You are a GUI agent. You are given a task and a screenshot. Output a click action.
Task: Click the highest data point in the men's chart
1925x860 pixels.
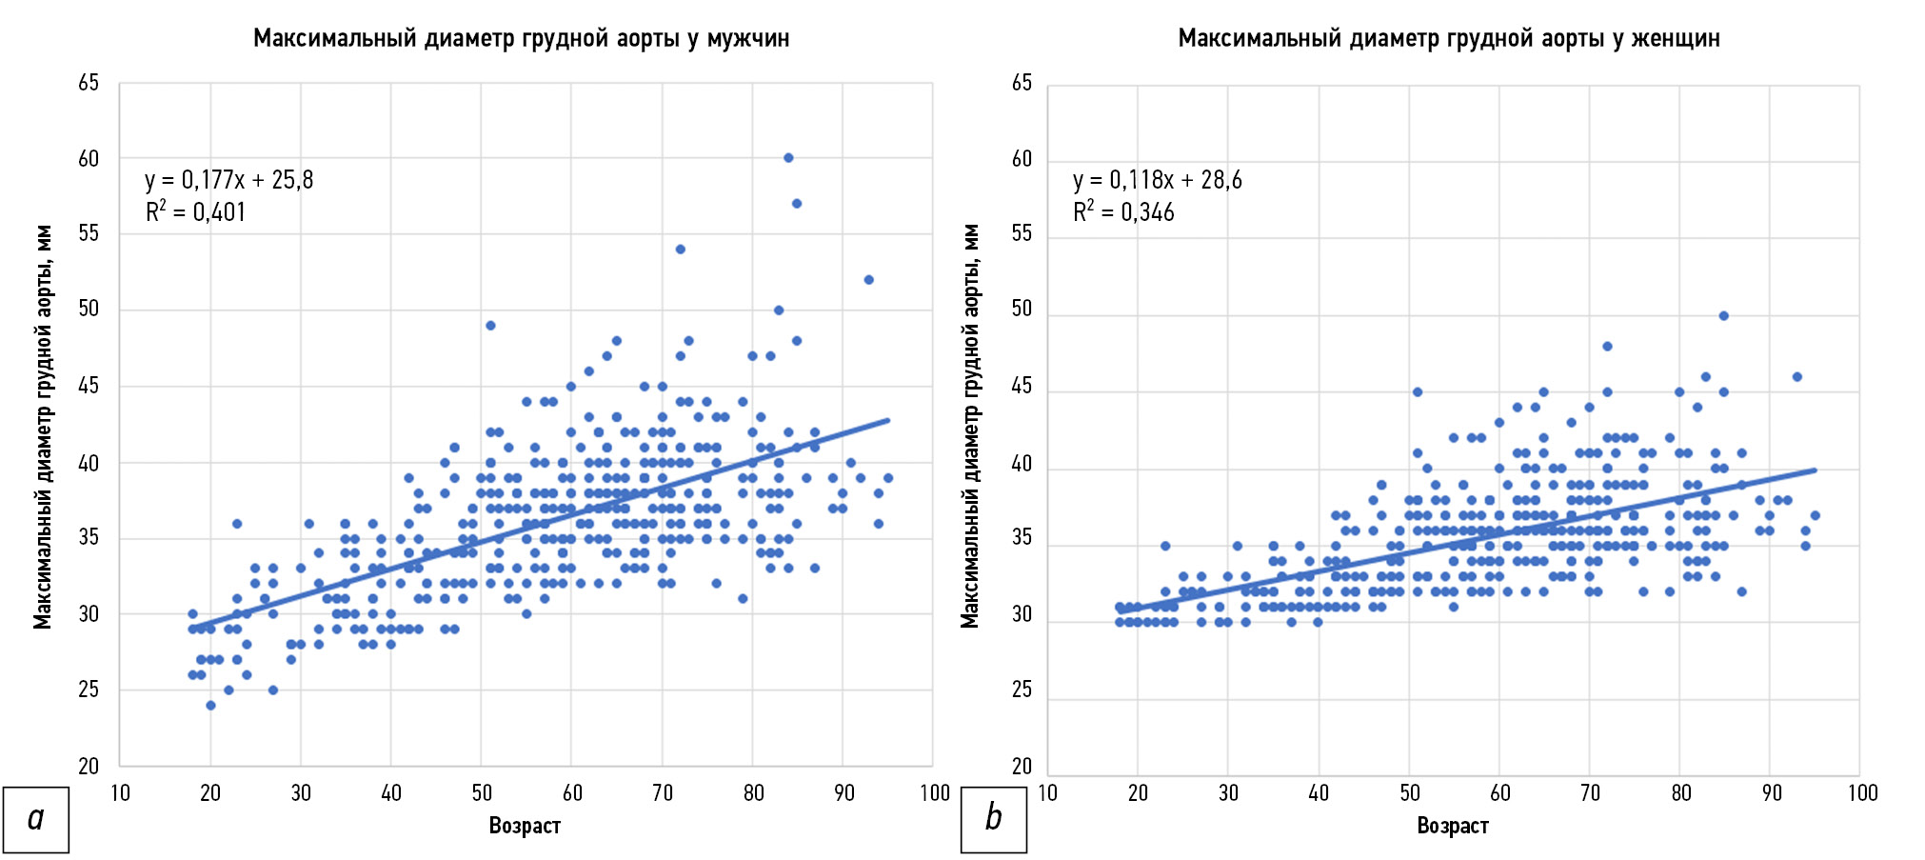[x=788, y=158]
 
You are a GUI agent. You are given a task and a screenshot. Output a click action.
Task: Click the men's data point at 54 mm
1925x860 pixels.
[x=681, y=250]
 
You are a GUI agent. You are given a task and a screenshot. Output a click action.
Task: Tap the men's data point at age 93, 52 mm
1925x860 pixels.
[x=868, y=280]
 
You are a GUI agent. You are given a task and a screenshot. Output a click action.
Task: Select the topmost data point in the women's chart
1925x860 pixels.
[x=1723, y=316]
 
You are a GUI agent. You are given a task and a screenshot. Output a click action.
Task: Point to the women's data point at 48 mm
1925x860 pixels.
[x=1607, y=347]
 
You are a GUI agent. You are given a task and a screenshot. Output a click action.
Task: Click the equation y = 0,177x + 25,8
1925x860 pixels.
[x=228, y=180]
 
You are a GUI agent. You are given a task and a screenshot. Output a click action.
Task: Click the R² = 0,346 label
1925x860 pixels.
[x=1123, y=211]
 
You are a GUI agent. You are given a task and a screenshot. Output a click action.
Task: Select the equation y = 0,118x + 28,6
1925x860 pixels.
[x=1157, y=180]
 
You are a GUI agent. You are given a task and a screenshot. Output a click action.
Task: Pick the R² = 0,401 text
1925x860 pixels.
[x=195, y=211]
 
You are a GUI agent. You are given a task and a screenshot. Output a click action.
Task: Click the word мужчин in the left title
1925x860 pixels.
[x=747, y=38]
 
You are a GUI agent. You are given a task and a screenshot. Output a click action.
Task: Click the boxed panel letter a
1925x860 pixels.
[x=36, y=819]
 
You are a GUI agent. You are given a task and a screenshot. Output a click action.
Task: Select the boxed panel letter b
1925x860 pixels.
[x=993, y=819]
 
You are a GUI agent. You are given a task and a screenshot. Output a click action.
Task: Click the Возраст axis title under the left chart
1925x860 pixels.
[x=525, y=826]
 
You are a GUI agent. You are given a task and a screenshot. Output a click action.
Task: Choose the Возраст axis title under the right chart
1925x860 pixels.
[x=1453, y=826]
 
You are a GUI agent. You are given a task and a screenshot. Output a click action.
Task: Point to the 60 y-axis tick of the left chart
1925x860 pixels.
[x=89, y=159]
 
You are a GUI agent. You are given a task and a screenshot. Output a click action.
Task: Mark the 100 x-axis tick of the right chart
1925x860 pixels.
[x=1862, y=793]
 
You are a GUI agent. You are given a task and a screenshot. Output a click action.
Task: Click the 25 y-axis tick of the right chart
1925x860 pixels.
[x=1022, y=690]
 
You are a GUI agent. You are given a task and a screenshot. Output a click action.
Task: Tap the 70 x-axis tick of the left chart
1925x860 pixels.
[x=663, y=793]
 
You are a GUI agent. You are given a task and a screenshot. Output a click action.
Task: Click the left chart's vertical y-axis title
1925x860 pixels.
[x=43, y=427]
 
